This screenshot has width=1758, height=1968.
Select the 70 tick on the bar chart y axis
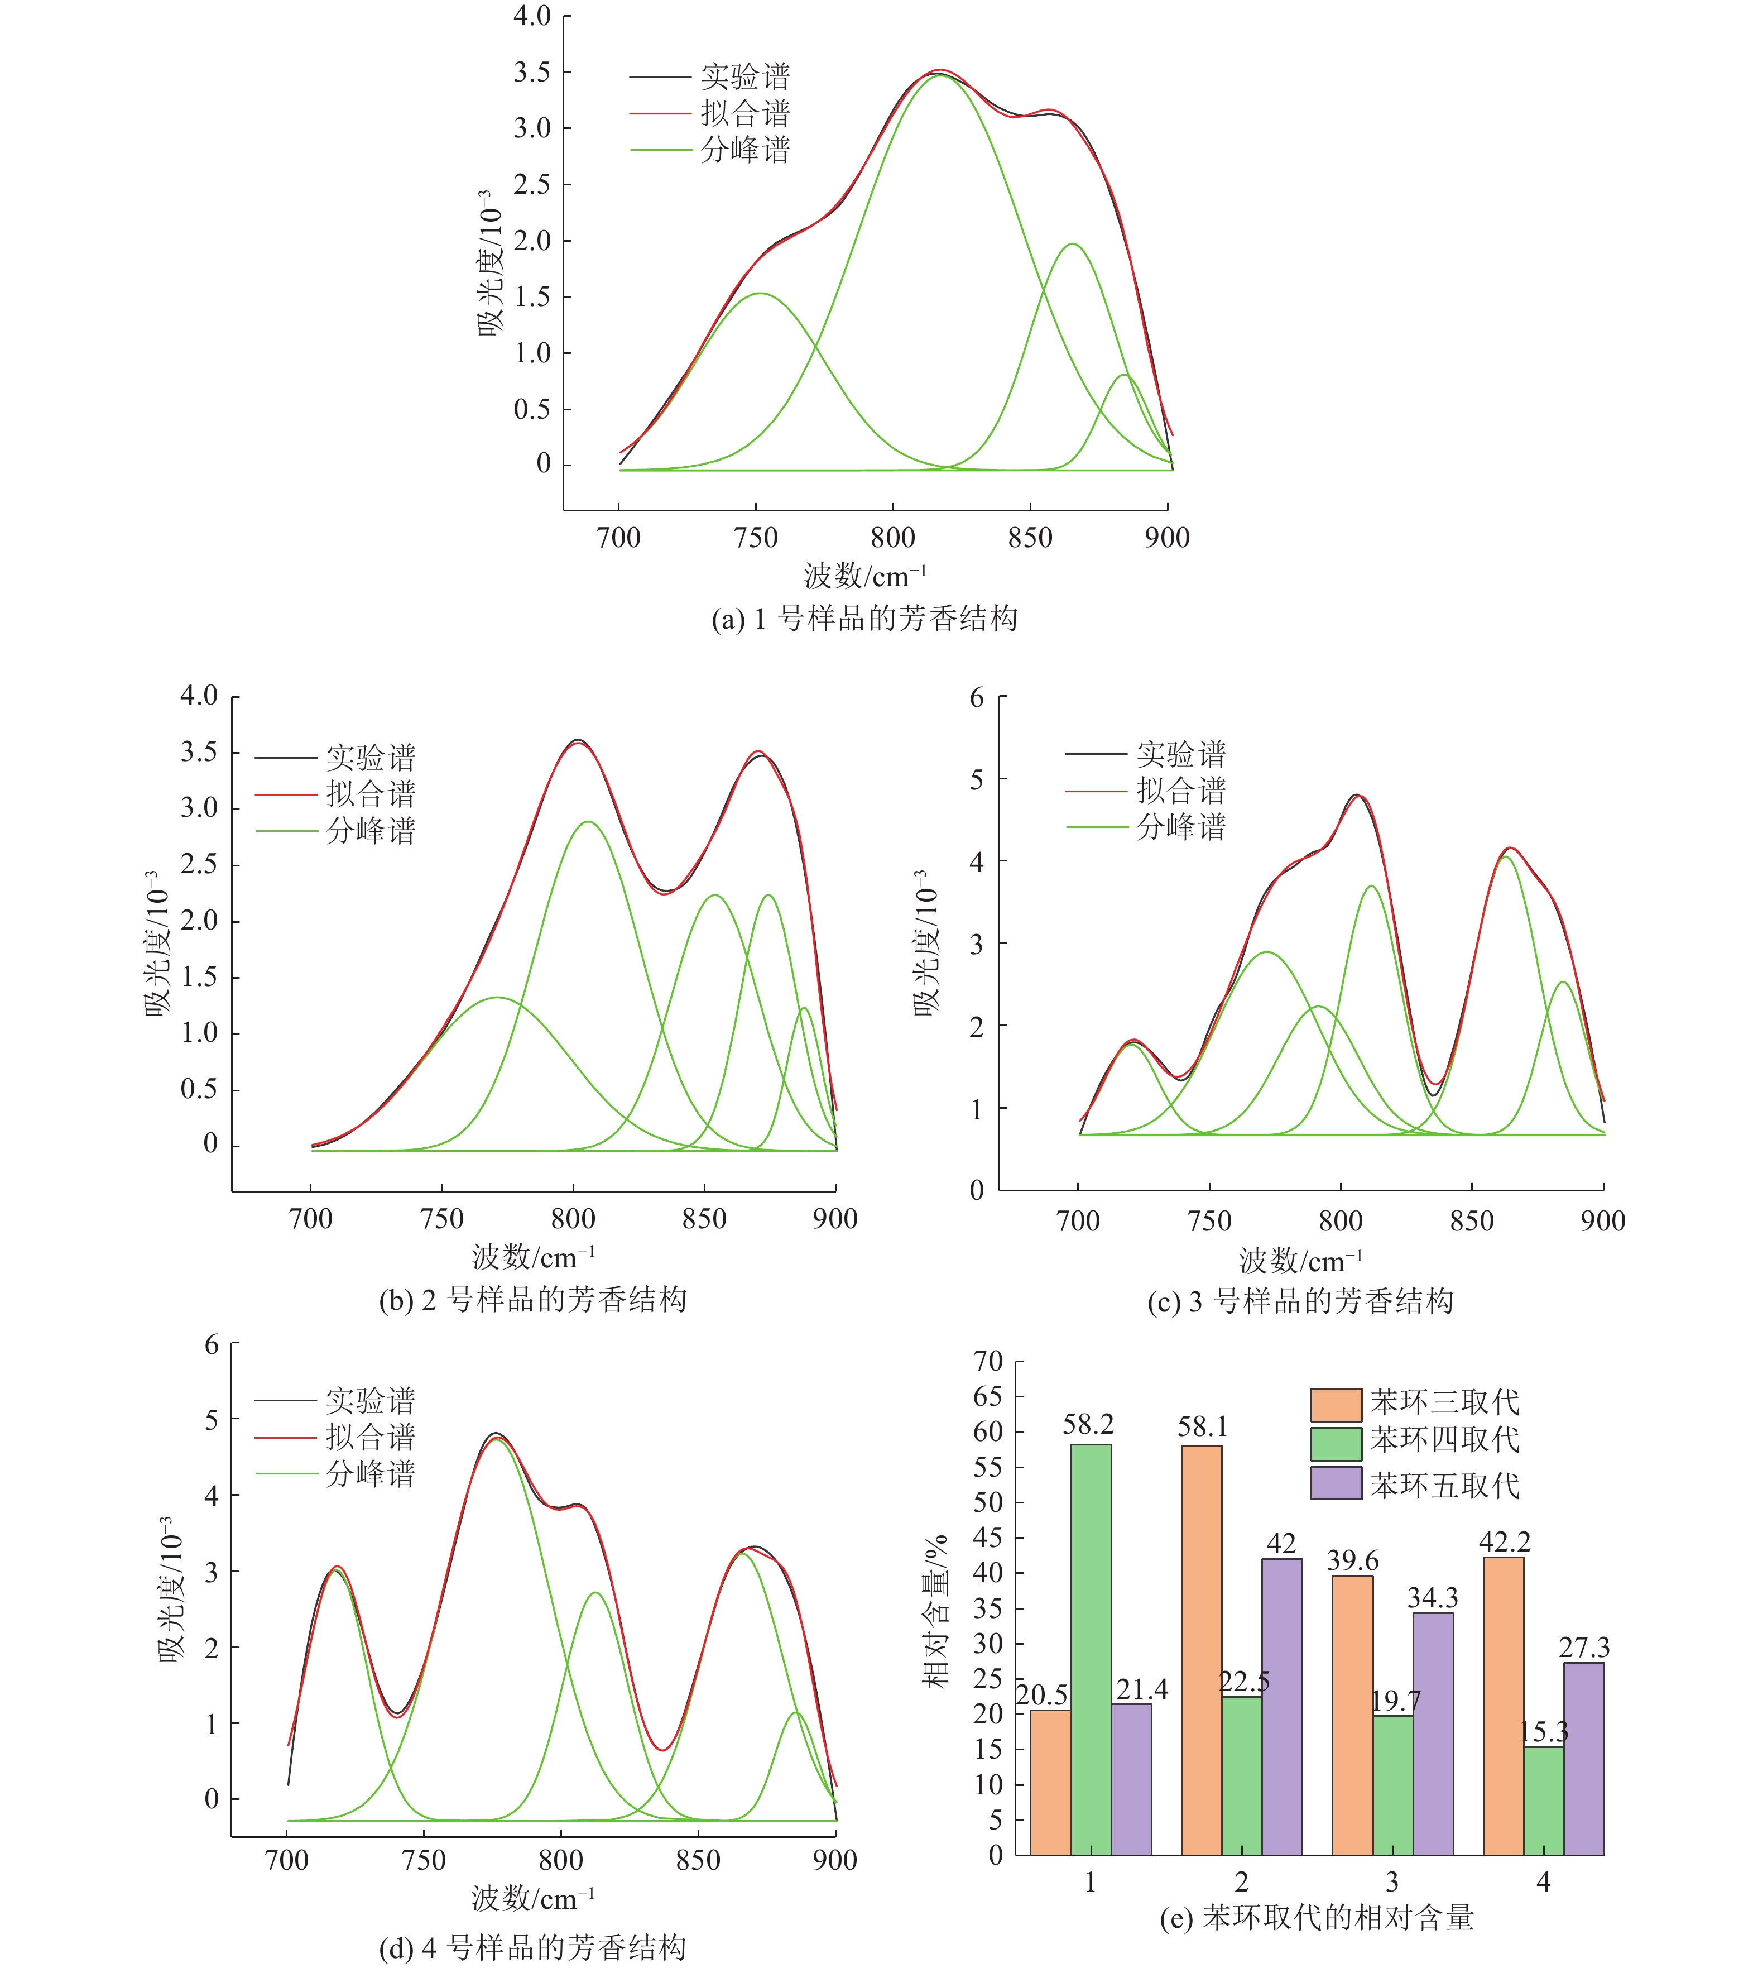coord(988,1361)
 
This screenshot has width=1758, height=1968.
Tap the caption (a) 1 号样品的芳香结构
coord(863,619)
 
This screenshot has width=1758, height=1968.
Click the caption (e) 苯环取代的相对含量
coord(1317,1918)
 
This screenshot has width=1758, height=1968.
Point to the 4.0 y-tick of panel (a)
coord(531,16)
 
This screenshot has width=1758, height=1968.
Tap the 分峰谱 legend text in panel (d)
coord(370,1474)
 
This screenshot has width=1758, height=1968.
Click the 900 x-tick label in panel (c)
coord(1602,1221)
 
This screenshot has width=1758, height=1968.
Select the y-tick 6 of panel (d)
coord(212,1345)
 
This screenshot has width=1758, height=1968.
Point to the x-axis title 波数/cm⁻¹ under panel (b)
coord(533,1257)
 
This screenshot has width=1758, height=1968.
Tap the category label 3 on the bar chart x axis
coord(1392,1881)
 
